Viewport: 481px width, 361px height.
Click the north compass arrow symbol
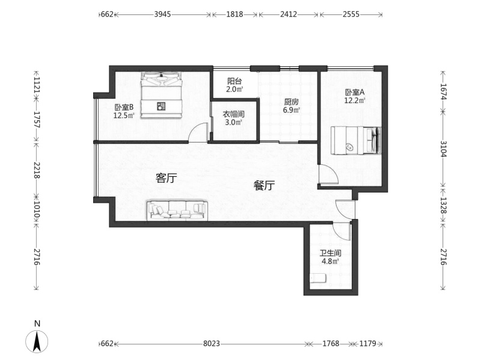coord(37,342)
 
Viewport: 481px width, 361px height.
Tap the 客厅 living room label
coord(167,178)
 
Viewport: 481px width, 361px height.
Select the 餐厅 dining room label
coord(264,185)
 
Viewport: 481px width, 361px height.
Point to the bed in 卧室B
coord(162,95)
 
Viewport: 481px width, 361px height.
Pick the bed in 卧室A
coord(356,141)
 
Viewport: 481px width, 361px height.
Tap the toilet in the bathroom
coord(318,279)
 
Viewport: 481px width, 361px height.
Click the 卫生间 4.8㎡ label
coord(330,258)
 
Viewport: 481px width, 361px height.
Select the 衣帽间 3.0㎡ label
coord(233,118)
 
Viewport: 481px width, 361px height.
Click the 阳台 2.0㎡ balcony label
coord(234,85)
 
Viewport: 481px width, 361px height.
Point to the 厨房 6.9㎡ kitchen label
coord(291,106)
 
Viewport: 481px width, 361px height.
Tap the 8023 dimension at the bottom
coord(212,344)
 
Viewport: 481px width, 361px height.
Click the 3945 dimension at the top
coord(162,14)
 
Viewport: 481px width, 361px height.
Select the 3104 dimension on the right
coord(443,149)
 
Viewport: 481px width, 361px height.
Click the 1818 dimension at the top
coord(234,14)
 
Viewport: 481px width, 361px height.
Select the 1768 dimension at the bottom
coord(331,344)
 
